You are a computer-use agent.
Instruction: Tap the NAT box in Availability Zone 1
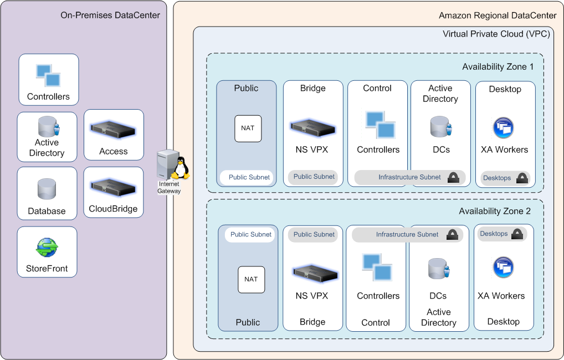(248, 128)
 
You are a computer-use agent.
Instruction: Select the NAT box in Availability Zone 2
(251, 280)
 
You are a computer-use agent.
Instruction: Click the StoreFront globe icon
(47, 248)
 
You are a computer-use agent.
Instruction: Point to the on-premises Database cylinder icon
(47, 189)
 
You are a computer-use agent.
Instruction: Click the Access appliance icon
(114, 129)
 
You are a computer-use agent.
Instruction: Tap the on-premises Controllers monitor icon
(48, 75)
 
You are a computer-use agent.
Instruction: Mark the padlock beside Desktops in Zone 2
(517, 234)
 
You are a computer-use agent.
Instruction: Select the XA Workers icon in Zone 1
(503, 128)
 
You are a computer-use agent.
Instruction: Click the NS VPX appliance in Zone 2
(315, 272)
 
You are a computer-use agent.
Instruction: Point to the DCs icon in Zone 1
(439, 127)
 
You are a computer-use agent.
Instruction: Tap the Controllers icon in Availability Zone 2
(377, 267)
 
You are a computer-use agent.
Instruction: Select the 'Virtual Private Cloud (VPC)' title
(496, 34)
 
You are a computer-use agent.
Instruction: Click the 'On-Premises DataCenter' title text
(110, 16)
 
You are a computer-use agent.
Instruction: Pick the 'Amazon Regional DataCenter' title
(498, 16)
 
